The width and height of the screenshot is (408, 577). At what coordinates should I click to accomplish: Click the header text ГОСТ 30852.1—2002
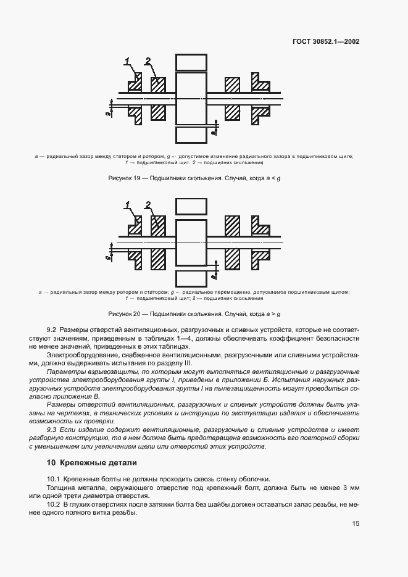click(326, 42)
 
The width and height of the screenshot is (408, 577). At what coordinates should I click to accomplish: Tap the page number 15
click(356, 524)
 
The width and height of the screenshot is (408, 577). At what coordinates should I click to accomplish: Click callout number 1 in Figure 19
click(128, 61)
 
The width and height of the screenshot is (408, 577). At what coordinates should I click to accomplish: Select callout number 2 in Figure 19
click(148, 60)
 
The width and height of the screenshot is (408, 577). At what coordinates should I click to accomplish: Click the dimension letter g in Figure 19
click(107, 114)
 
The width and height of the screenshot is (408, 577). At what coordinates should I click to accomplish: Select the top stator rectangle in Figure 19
click(191, 63)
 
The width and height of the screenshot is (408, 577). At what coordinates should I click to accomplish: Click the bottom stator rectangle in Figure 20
click(191, 279)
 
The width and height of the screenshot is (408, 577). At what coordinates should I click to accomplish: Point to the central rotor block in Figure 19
click(191, 99)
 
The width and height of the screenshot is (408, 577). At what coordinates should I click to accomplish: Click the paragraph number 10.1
click(54, 479)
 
